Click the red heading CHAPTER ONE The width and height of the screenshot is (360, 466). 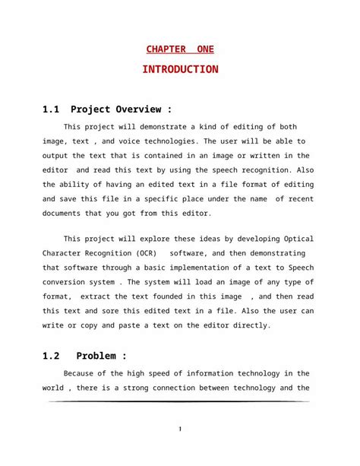(180, 50)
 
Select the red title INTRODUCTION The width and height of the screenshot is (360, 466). (180, 70)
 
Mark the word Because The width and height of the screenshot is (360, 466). (81, 373)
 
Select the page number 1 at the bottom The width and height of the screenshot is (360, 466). (179, 430)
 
